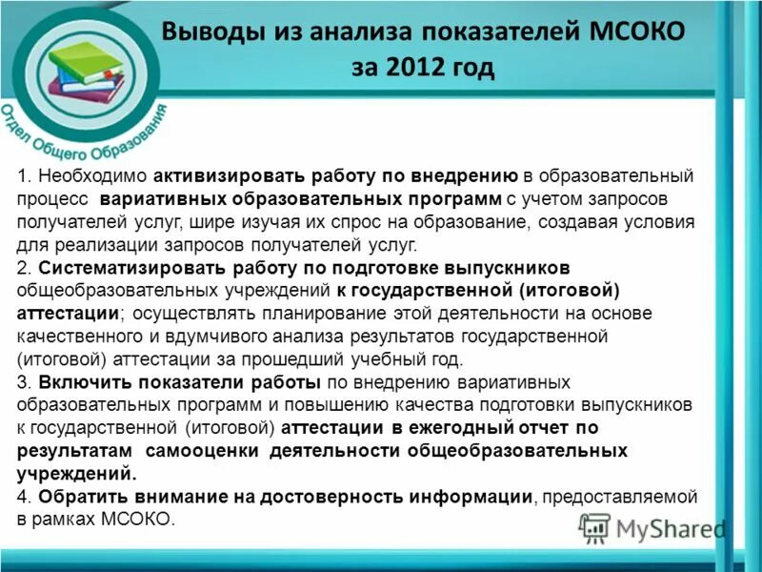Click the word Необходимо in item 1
91,177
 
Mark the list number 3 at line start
24,382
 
